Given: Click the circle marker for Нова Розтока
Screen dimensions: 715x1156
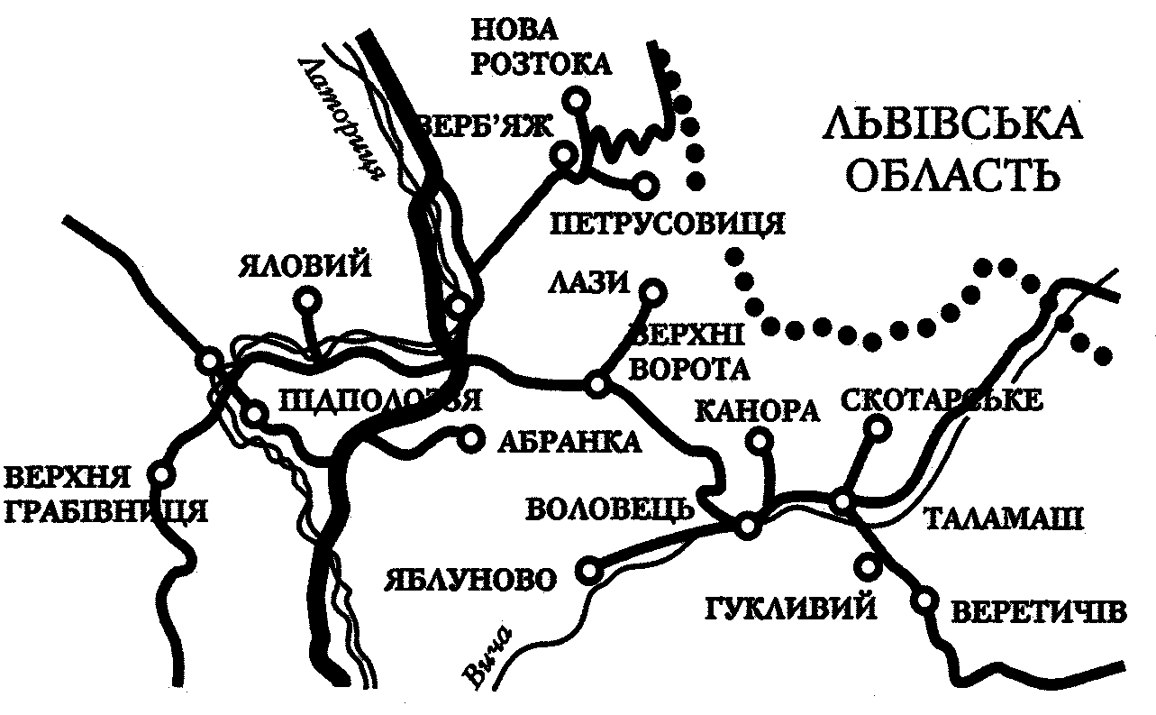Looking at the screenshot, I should coord(576,98).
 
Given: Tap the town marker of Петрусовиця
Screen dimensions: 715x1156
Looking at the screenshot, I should coord(644,186).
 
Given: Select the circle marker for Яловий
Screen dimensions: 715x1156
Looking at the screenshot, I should coord(308,299).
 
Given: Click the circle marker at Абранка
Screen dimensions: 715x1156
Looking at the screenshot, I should coord(470,439).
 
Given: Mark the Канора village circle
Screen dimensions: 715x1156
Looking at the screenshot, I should coord(760,440).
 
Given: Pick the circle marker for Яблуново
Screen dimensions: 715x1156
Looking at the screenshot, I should coord(589,570).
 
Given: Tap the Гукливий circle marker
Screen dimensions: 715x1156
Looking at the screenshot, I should coord(869,565).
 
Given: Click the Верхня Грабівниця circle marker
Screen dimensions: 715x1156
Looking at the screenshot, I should coord(161,472).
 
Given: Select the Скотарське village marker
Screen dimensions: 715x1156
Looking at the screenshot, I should coord(877,430).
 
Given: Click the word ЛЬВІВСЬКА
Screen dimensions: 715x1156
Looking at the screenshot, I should coord(952,124).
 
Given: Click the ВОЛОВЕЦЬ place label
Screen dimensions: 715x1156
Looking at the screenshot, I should coord(609,509).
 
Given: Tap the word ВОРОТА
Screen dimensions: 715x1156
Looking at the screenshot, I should coord(691,370).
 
